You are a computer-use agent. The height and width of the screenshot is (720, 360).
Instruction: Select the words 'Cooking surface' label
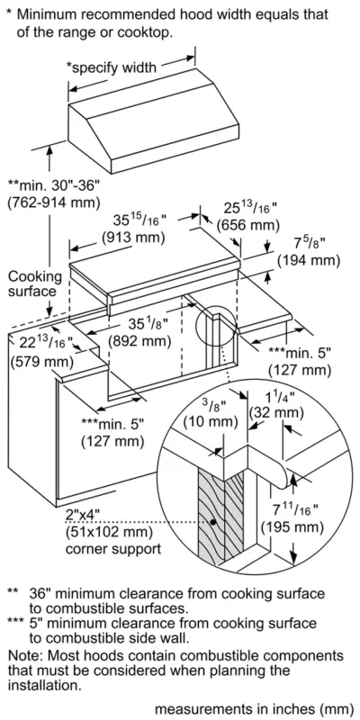(33, 283)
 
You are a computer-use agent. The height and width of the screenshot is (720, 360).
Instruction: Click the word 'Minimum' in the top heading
(52, 15)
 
